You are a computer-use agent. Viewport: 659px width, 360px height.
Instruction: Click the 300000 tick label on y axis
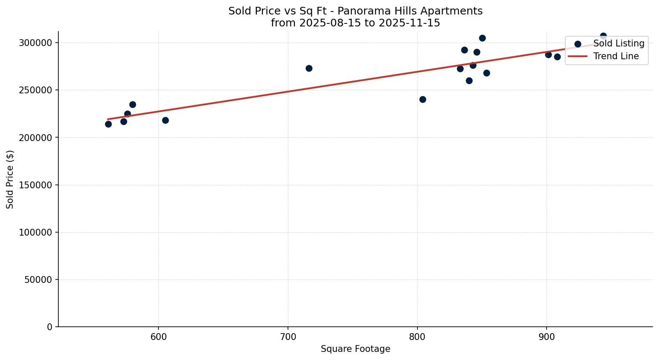[x=35, y=43]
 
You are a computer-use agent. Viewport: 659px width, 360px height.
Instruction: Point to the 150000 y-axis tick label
[x=35, y=185]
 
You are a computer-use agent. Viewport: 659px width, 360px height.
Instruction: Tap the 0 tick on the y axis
[x=49, y=327]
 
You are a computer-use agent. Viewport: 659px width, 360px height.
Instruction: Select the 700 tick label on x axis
[x=288, y=336]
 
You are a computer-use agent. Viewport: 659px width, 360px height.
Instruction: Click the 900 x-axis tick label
[x=547, y=336]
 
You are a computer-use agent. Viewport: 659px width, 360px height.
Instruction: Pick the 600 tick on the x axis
[x=158, y=336]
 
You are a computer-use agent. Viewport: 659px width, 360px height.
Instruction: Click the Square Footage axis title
[x=355, y=349]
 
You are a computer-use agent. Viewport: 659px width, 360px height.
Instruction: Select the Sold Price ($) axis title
[x=10, y=179]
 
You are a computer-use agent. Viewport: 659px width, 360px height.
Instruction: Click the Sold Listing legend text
[x=619, y=43]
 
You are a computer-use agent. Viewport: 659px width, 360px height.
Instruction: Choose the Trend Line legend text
[x=616, y=56]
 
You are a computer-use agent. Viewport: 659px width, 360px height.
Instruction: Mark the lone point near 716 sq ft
[x=309, y=68]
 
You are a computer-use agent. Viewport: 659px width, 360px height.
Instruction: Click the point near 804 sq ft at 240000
[x=423, y=99]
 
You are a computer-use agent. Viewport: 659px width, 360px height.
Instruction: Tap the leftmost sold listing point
[x=108, y=124]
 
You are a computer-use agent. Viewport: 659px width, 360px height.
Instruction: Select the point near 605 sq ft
[x=165, y=120]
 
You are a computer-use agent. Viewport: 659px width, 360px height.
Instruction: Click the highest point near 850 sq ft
[x=482, y=38]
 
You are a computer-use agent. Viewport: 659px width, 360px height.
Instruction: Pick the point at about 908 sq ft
[x=557, y=57]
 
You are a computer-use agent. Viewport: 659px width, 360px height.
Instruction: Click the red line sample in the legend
[x=578, y=56]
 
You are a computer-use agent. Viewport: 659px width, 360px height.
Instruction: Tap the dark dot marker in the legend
[x=578, y=44]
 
